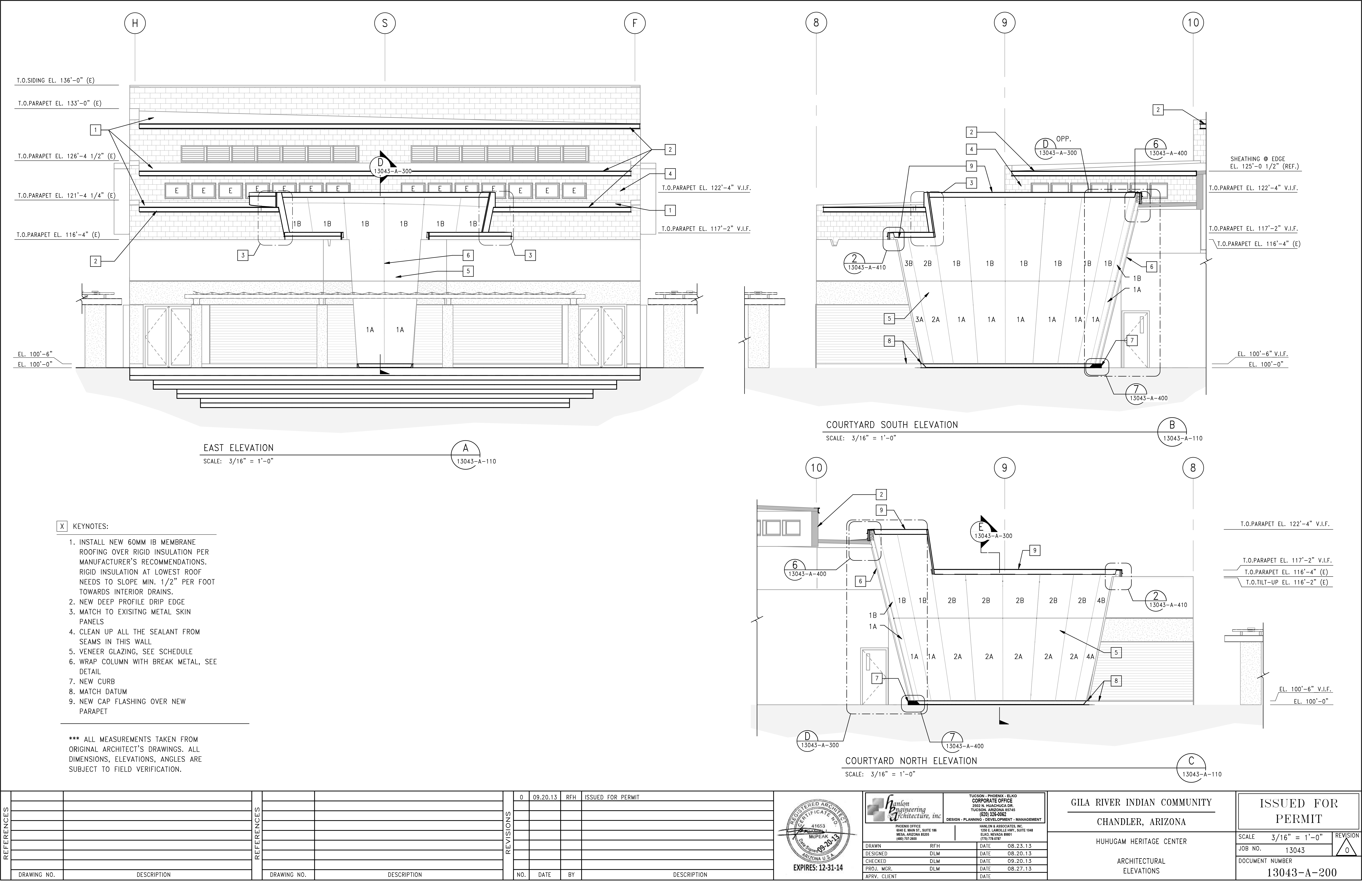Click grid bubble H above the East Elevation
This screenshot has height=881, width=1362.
(x=135, y=23)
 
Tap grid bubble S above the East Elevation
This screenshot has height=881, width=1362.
(x=385, y=23)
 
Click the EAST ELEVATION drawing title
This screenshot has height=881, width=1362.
(x=239, y=448)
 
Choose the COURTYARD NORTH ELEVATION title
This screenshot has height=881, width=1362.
(x=911, y=761)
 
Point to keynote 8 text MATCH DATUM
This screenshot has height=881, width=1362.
(x=103, y=692)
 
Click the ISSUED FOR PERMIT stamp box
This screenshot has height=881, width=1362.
(x=1298, y=811)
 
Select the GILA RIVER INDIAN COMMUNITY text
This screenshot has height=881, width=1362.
(x=1141, y=803)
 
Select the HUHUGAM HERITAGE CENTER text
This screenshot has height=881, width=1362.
(x=1141, y=841)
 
